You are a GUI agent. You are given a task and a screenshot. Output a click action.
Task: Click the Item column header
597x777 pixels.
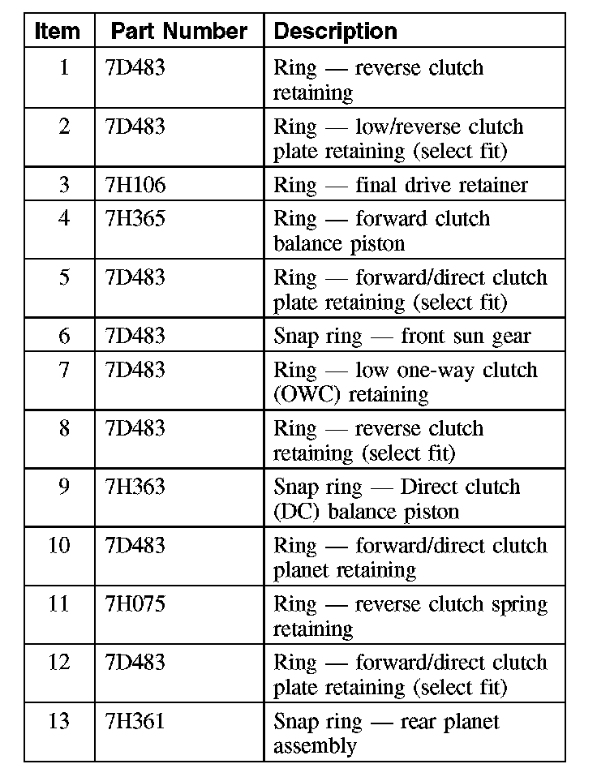58,32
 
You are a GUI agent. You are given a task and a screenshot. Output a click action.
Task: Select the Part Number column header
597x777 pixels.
178,32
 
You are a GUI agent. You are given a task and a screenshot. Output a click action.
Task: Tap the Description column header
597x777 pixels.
335,32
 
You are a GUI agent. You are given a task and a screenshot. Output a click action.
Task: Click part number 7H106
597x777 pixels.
135,185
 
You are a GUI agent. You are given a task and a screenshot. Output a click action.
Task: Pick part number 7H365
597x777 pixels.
135,219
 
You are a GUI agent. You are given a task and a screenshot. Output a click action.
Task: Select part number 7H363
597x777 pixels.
135,487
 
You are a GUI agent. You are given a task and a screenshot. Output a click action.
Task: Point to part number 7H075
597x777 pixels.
135,604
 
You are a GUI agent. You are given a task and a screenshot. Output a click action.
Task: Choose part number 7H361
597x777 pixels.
135,721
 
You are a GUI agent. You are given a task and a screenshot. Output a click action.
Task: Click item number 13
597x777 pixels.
59,721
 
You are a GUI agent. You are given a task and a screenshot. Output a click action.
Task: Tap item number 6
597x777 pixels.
64,336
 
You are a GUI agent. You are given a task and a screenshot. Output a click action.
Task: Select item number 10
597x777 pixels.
59,545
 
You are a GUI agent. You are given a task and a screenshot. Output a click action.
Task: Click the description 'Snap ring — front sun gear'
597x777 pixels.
402,336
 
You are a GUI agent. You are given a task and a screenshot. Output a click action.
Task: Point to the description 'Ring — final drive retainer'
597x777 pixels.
401,185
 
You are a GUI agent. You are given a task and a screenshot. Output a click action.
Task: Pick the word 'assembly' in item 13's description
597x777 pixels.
315,746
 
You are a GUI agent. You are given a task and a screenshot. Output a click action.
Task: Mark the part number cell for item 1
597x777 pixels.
135,67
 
